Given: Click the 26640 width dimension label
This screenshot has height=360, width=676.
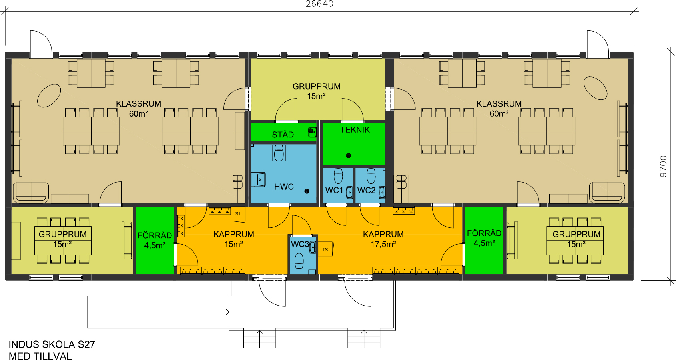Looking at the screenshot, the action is (319, 4).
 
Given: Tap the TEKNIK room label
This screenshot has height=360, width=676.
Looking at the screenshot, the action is (355, 130).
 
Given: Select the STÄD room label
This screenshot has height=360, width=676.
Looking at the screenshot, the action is (283, 135).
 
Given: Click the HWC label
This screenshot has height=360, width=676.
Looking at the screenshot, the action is (284, 187).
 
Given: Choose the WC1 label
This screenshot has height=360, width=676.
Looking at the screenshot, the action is (334, 190).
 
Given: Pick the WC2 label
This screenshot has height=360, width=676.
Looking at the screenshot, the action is (366, 190).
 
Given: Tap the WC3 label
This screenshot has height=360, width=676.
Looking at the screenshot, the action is (300, 244).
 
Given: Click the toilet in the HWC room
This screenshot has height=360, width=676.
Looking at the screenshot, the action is (279, 153).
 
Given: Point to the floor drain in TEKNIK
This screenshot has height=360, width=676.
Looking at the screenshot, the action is (349, 155).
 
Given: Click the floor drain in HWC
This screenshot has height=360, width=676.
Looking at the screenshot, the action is (307, 191).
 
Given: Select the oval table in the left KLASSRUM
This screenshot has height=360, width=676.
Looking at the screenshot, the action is (49, 95).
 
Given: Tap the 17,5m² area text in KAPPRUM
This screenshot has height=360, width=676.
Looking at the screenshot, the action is (383, 244).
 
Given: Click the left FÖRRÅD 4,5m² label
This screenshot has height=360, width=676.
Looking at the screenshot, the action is (155, 240).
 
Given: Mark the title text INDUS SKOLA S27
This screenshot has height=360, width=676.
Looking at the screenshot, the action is (52, 344).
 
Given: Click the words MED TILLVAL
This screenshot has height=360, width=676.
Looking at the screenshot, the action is (40, 356).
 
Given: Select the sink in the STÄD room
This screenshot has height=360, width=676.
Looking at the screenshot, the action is (312, 132).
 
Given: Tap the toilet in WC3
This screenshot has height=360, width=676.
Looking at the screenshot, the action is (299, 261).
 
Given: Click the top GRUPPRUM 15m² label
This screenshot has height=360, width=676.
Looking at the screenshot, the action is (316, 91).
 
